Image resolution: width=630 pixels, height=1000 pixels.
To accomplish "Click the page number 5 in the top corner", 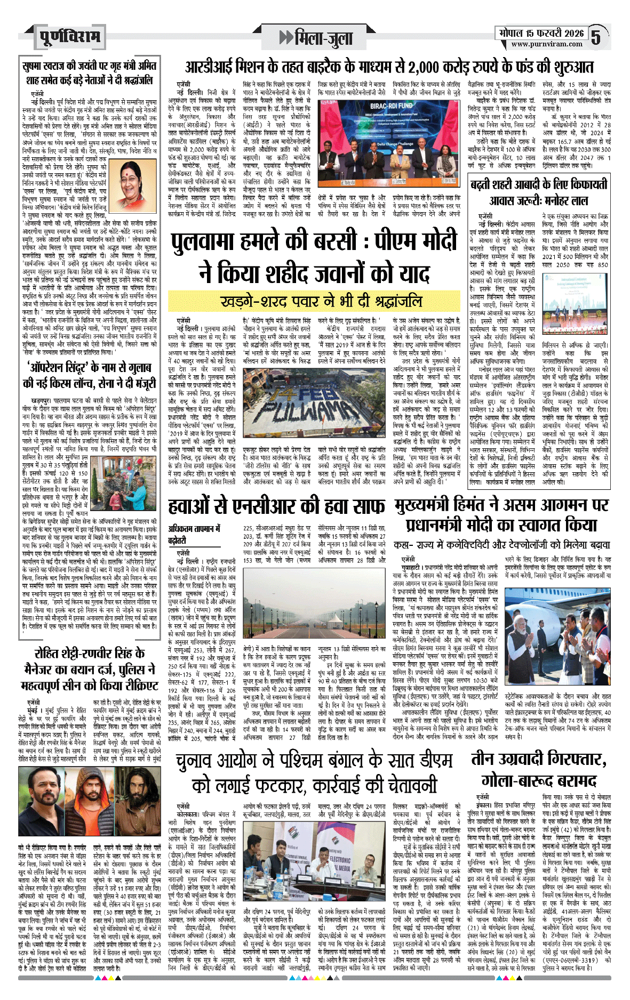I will [x=596, y=37].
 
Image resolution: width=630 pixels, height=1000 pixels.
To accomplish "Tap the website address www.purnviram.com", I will [x=547, y=44].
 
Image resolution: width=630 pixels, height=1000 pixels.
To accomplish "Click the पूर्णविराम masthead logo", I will [x=69, y=37].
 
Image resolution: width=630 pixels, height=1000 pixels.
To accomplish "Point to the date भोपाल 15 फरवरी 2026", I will [x=541, y=33].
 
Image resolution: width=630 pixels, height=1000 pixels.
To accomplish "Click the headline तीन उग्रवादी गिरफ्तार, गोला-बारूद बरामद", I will [x=538, y=768].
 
